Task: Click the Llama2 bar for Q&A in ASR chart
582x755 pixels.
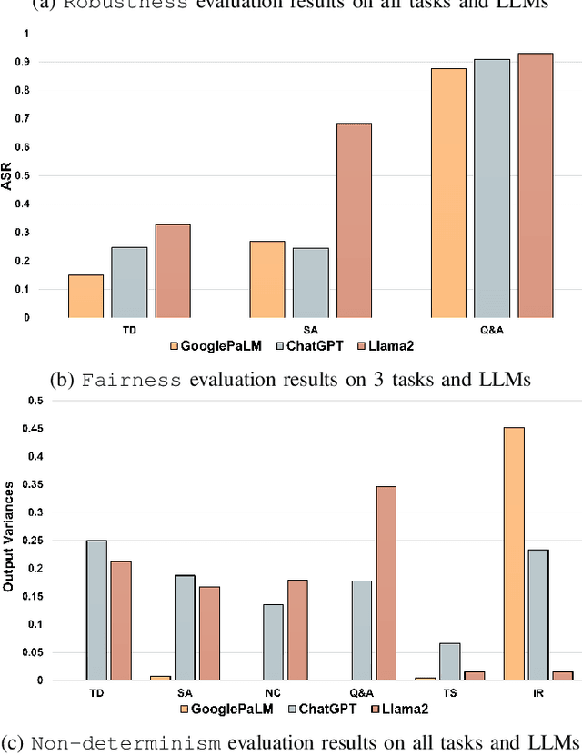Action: click(x=536, y=185)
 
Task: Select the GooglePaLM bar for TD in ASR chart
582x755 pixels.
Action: click(x=86, y=296)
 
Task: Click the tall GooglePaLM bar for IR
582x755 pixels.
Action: click(x=514, y=553)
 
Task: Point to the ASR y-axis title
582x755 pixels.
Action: click(x=8, y=175)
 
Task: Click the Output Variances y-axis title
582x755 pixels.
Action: click(x=8, y=540)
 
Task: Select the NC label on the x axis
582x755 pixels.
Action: click(x=273, y=693)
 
